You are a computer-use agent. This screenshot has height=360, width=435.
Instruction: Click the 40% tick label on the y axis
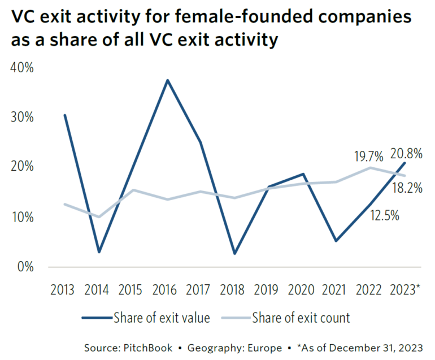pyautogui.click(x=22, y=68)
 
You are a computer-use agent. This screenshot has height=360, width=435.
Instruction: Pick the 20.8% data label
pyautogui.click(x=406, y=153)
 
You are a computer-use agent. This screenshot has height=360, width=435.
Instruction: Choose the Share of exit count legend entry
pyautogui.click(x=301, y=318)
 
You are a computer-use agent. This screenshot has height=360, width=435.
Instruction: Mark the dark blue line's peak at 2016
pyautogui.click(x=167, y=80)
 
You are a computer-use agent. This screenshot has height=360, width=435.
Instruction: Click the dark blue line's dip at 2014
pyautogui.click(x=99, y=251)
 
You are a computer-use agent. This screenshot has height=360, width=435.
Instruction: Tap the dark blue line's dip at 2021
pyautogui.click(x=337, y=241)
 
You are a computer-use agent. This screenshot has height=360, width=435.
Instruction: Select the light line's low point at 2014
pyautogui.click(x=99, y=216)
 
